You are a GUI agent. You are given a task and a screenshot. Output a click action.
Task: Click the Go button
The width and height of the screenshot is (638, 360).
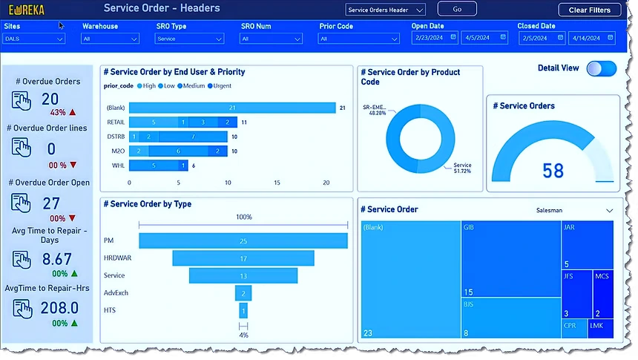(457, 9)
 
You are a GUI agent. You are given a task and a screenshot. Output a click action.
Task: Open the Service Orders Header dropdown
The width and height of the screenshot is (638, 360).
(386, 10)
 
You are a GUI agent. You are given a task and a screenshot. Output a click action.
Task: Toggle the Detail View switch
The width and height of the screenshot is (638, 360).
(601, 68)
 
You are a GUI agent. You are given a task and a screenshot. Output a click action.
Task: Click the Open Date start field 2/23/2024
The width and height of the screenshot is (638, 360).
(434, 37)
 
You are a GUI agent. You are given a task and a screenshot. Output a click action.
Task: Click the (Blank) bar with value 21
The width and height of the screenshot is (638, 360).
(232, 108)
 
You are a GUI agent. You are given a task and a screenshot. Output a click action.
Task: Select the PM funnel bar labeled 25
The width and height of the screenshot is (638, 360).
(243, 241)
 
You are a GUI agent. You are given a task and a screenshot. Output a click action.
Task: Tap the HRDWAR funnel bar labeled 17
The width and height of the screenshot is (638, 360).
(243, 258)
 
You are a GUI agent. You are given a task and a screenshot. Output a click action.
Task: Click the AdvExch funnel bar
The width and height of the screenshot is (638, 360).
(243, 293)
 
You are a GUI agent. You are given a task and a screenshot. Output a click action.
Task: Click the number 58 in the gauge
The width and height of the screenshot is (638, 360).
(553, 171)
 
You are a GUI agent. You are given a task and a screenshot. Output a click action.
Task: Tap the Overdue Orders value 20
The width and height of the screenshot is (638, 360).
(50, 99)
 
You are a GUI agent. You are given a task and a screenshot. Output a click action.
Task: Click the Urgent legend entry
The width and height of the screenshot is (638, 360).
(220, 85)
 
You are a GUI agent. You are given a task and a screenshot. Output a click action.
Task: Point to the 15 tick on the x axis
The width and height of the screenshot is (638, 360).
(277, 182)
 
